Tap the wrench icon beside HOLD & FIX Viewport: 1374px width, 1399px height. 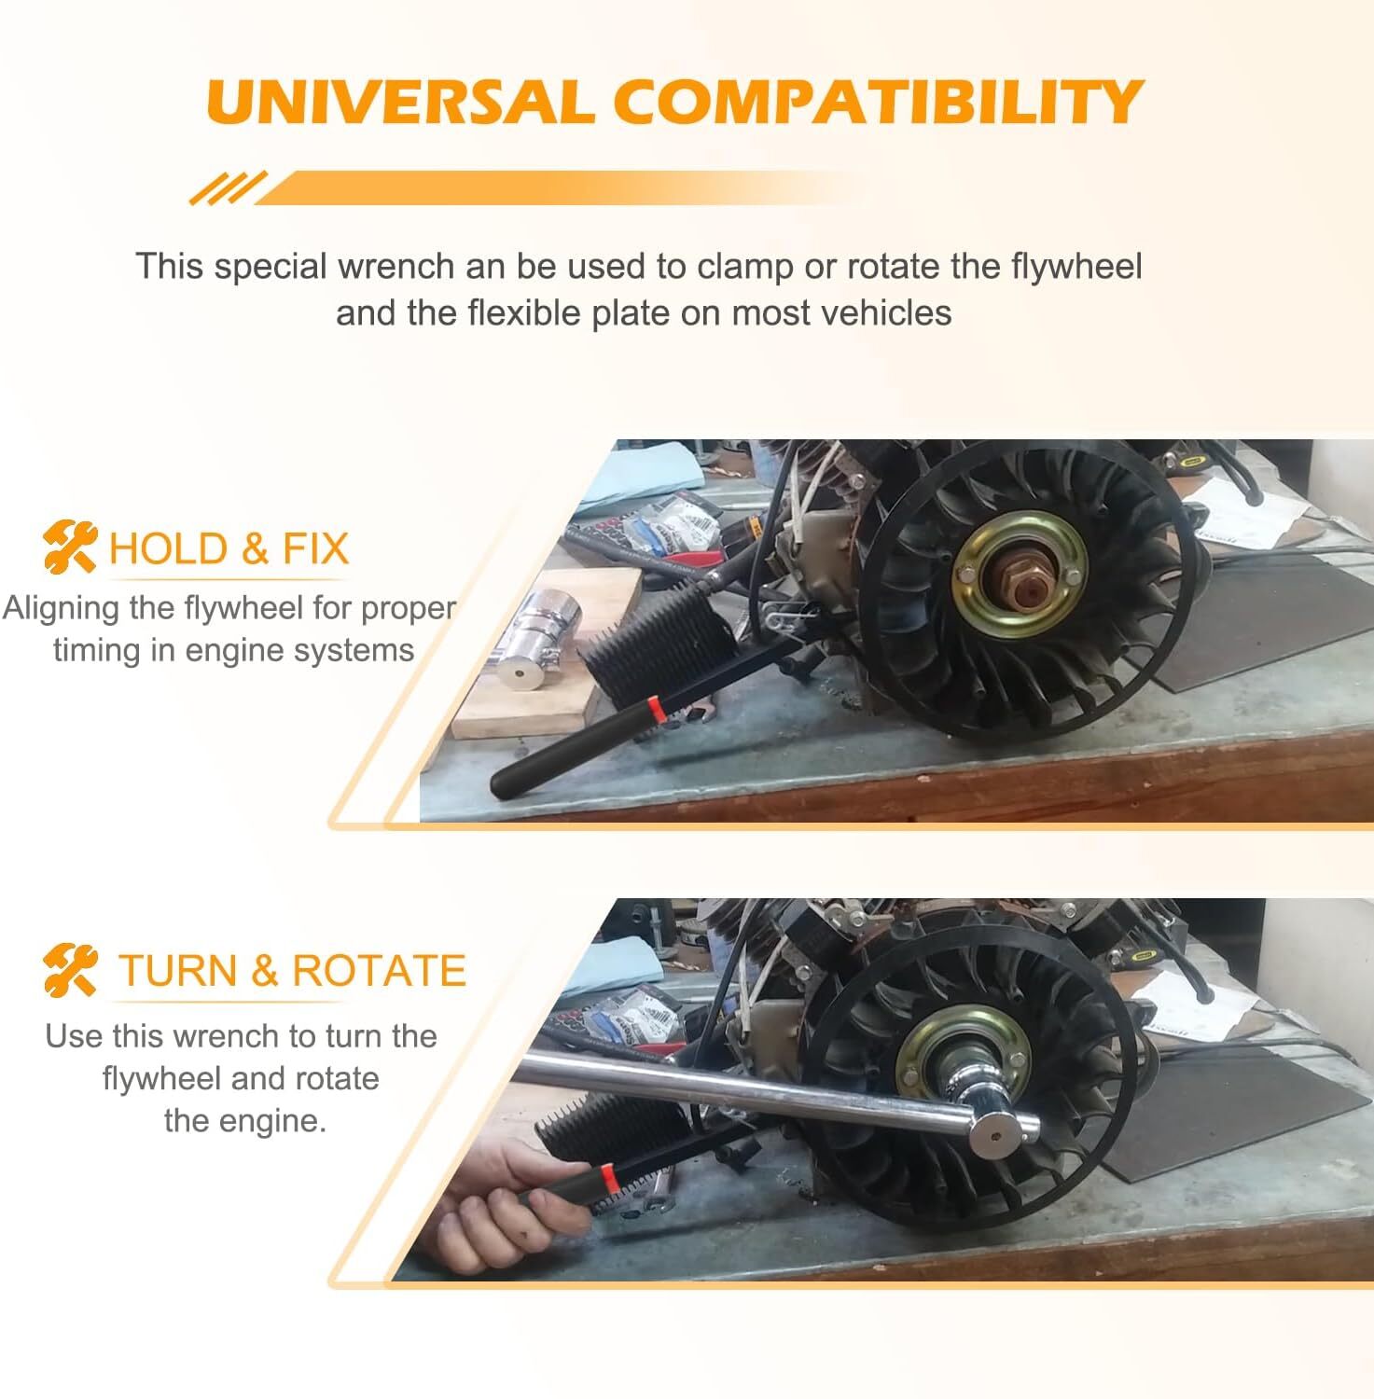(x=70, y=547)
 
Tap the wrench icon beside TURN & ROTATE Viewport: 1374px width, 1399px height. (x=70, y=970)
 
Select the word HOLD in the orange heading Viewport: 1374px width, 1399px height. (x=168, y=548)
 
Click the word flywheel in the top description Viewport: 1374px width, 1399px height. (x=1076, y=267)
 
